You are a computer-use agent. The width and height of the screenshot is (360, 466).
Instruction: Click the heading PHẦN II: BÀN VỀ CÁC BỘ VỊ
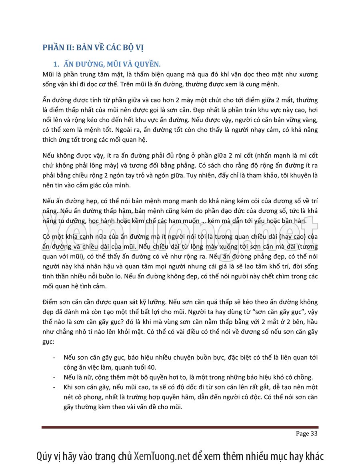(x=93, y=48)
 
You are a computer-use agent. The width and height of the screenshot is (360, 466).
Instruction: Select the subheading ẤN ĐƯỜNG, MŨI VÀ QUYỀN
(x=110, y=64)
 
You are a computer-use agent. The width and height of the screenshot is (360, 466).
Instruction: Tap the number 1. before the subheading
(x=56, y=64)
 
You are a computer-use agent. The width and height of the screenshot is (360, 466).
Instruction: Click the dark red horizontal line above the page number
(x=180, y=428)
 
